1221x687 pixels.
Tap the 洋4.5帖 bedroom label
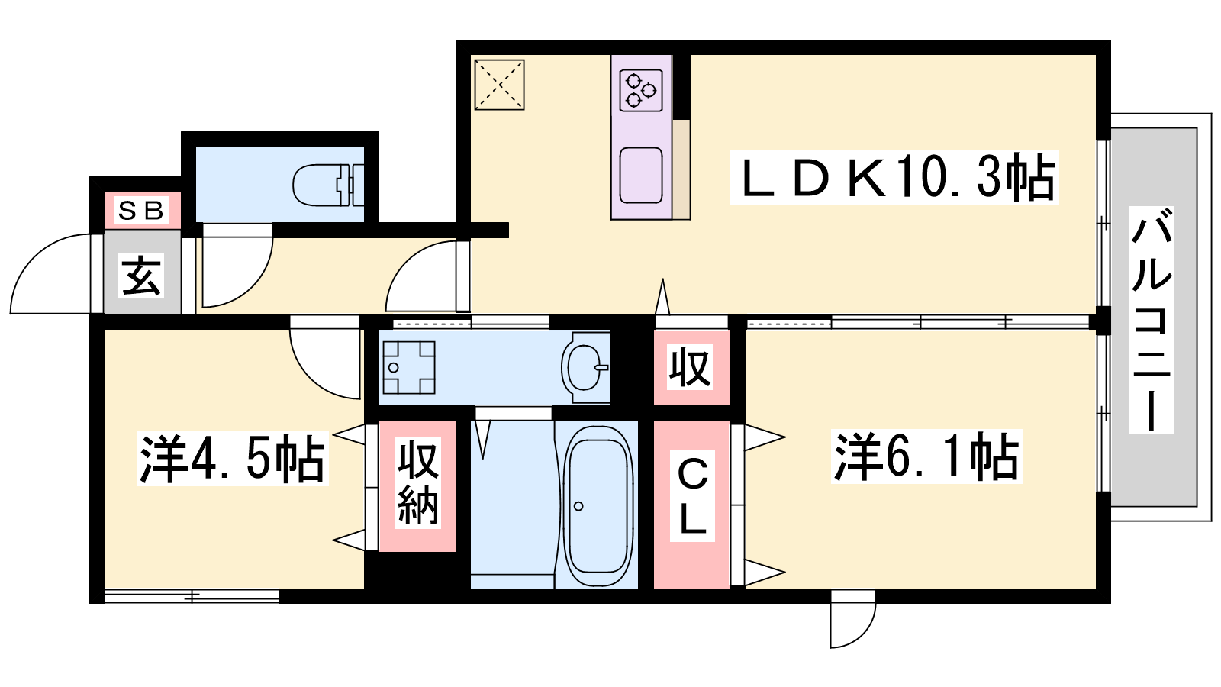click(x=233, y=459)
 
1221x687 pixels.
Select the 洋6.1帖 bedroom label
click(x=926, y=456)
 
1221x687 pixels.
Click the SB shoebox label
click(x=141, y=211)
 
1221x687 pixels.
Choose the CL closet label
click(x=691, y=496)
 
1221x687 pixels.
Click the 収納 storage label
click(x=417, y=484)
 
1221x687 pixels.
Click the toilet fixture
click(x=328, y=185)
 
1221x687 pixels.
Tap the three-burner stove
click(x=641, y=90)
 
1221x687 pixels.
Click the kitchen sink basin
click(x=641, y=175)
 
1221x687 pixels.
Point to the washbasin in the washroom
click(x=585, y=367)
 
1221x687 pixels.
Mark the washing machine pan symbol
click(x=409, y=367)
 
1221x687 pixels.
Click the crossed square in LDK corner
click(x=499, y=85)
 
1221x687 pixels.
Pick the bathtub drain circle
click(x=578, y=506)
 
